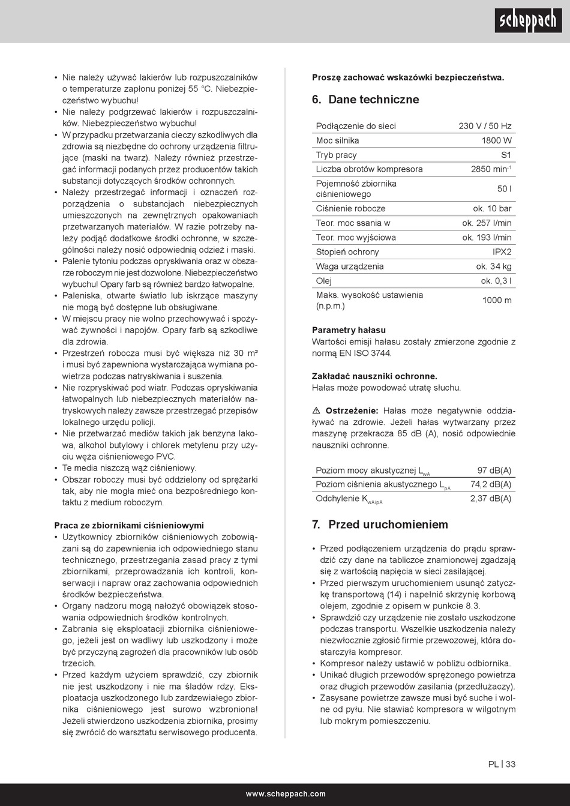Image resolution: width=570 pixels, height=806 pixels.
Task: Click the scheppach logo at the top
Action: (x=528, y=21)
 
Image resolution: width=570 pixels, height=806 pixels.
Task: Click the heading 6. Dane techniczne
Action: (x=365, y=100)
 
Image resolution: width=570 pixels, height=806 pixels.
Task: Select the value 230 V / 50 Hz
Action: (x=485, y=126)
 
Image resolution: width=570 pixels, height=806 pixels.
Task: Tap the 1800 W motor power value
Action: (x=496, y=140)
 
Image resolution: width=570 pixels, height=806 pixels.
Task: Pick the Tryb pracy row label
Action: (x=337, y=155)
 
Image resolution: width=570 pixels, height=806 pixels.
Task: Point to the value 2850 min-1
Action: (x=491, y=169)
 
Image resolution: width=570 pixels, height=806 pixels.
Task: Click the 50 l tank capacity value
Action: (x=504, y=189)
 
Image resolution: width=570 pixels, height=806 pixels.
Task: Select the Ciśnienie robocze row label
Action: (x=351, y=209)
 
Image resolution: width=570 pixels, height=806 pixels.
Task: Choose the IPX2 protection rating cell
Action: (x=502, y=252)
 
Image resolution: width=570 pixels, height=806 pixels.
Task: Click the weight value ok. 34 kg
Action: (x=494, y=266)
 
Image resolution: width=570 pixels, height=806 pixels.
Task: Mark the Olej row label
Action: (x=324, y=281)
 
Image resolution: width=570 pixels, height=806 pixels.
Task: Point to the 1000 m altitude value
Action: (x=497, y=300)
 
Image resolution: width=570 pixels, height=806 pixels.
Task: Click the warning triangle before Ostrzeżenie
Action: (x=316, y=411)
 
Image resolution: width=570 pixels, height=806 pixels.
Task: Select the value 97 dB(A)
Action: (x=494, y=471)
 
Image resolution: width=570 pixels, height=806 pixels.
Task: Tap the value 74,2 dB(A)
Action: (x=491, y=484)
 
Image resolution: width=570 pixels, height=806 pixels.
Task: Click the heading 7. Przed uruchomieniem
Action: (x=380, y=525)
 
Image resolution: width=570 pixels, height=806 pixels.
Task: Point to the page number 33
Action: (x=511, y=764)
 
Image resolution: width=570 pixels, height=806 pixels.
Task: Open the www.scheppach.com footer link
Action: (x=285, y=794)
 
